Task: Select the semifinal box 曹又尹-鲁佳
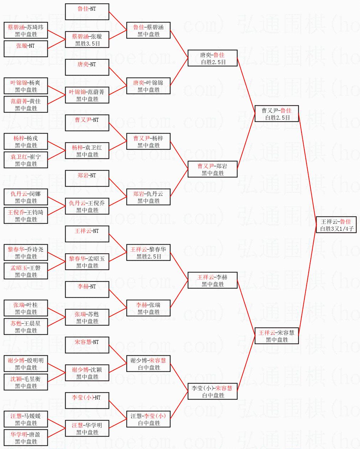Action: coord(277,114)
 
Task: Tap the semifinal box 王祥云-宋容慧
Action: coord(277,336)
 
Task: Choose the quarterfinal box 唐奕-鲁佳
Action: coord(212,58)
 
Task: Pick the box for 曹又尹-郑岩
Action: coord(212,169)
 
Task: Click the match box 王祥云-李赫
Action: coord(212,281)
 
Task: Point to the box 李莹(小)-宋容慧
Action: coord(212,392)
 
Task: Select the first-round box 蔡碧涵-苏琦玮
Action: coord(26,31)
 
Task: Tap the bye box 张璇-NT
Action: coord(26,49)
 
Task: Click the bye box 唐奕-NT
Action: coord(87,68)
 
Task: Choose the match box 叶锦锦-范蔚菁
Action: coord(87,95)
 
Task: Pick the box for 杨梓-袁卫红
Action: coord(87,151)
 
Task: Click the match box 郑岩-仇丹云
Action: coord(148,197)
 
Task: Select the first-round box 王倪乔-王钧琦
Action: coord(26,216)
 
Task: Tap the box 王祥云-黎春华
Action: coord(148,253)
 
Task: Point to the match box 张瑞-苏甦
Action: coord(87,318)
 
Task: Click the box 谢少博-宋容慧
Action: coord(148,364)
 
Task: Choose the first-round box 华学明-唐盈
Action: coord(26,438)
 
